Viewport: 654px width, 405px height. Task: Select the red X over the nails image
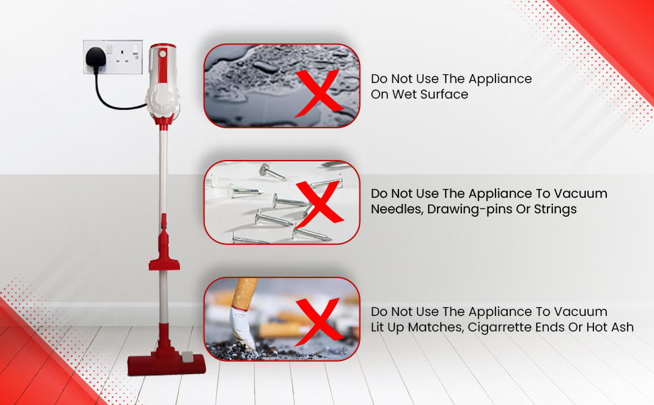coord(322,202)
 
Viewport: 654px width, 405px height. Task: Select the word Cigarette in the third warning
coord(516,327)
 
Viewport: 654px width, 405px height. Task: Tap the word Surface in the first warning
coord(444,94)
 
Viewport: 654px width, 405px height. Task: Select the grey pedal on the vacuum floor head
coord(185,355)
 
